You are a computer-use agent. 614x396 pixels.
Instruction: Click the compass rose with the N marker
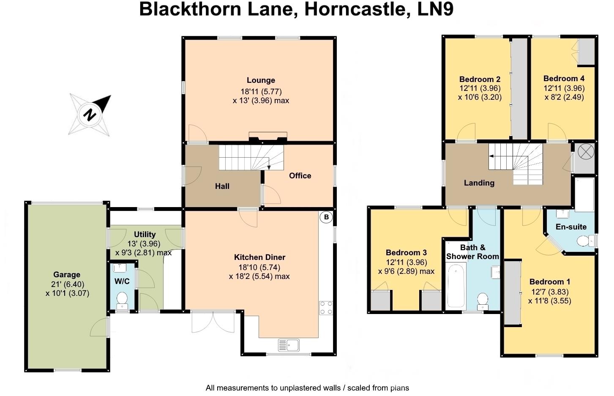pyautogui.click(x=90, y=114)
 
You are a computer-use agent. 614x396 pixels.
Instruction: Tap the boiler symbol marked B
pyautogui.click(x=326, y=218)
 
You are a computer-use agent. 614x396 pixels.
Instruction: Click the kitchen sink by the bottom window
pyautogui.click(x=289, y=345)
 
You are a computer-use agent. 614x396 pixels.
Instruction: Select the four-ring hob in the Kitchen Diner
pyautogui.click(x=325, y=308)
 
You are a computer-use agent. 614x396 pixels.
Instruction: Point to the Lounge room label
pyautogui.click(x=261, y=80)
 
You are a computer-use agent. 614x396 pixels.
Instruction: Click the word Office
pyautogui.click(x=300, y=176)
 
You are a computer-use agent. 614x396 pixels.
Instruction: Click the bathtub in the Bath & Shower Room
pyautogui.click(x=456, y=286)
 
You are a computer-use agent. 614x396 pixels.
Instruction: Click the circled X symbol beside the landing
pyautogui.click(x=585, y=152)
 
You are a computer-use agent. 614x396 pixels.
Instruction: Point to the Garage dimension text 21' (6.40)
pyautogui.click(x=67, y=284)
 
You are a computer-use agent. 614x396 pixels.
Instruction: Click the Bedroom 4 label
pyautogui.click(x=564, y=79)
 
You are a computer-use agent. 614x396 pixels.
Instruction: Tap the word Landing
pyautogui.click(x=479, y=183)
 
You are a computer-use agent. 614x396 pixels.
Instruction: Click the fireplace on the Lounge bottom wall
pyautogui.click(x=268, y=137)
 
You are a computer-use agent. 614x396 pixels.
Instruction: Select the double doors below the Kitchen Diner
pyautogui.click(x=213, y=322)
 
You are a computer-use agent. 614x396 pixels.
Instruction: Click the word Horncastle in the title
pyautogui.click(x=356, y=9)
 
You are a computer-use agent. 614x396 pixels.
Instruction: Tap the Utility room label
pyautogui.click(x=145, y=235)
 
